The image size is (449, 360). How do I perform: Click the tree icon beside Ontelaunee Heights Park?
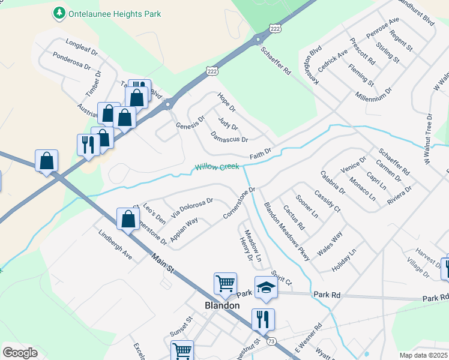[x=59, y=12]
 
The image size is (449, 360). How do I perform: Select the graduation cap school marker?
[x=266, y=288]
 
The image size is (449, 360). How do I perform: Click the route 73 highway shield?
[x=272, y=341]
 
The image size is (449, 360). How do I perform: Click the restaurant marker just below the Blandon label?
[x=263, y=320]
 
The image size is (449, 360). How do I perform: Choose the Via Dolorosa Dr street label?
[x=192, y=207]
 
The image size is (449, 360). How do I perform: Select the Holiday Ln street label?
[x=343, y=259]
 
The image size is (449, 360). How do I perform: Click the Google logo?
[x=20, y=353]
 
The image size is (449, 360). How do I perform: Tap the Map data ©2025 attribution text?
[x=423, y=355]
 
